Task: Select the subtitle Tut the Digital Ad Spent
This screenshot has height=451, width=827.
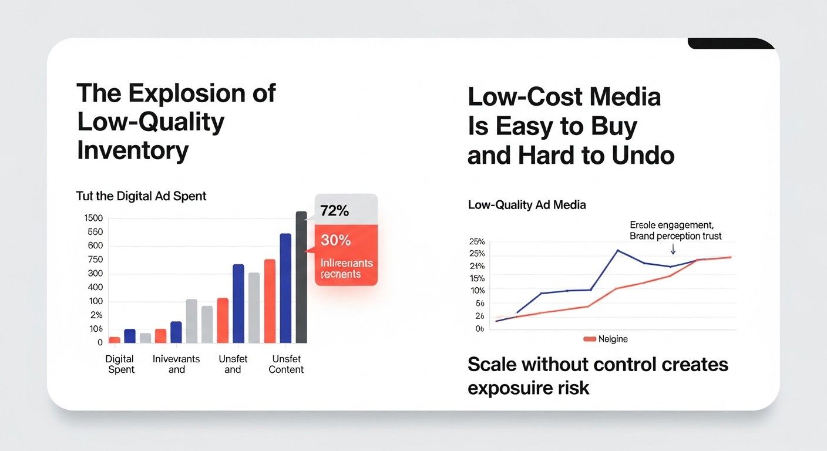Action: pos(141,196)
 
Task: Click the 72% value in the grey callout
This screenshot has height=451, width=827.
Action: pos(335,211)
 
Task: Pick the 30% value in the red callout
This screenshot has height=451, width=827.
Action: pos(335,240)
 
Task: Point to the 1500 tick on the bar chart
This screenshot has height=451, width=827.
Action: pos(93,218)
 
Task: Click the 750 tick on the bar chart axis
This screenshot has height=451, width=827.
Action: pos(95,260)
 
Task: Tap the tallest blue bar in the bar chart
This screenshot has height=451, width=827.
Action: pos(285,288)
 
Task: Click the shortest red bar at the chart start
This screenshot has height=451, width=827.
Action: pos(115,339)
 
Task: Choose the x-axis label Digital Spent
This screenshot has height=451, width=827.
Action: pos(120,364)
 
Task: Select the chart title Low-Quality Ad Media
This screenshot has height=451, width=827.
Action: pos(527,205)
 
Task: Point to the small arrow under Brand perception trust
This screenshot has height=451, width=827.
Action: pos(673,250)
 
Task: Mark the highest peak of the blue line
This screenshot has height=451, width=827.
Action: pos(617,250)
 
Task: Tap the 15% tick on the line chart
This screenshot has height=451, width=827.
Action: pos(478,278)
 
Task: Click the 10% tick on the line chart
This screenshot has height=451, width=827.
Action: pos(478,291)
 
